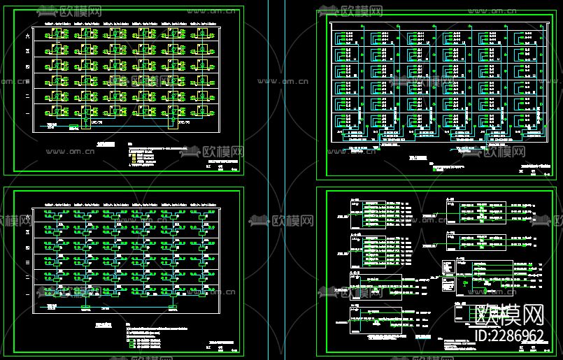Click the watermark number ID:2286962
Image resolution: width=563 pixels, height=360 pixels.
click(509, 336)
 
